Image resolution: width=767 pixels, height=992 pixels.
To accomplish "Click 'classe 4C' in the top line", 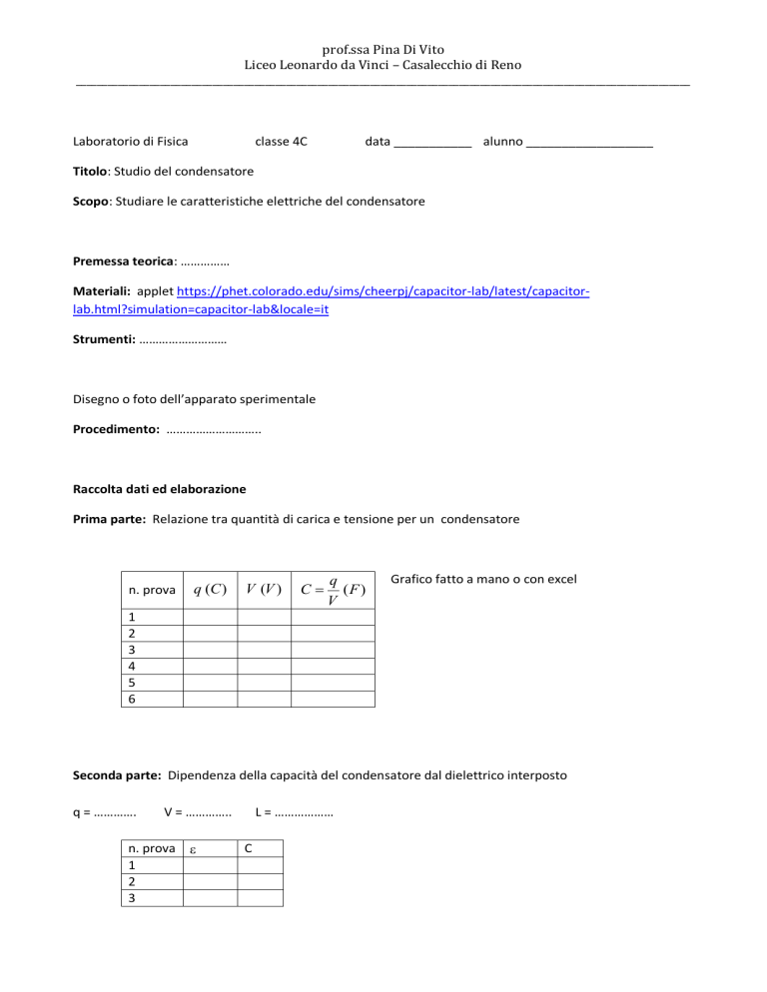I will [x=281, y=142].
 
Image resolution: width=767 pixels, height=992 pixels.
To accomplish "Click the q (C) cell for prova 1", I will [x=209, y=616].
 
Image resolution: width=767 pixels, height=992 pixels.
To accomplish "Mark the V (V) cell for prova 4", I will [x=264, y=666].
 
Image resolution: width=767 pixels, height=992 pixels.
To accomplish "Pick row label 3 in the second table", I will [x=124, y=898].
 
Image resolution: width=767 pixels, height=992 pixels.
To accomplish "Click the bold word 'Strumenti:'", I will [x=104, y=339].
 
